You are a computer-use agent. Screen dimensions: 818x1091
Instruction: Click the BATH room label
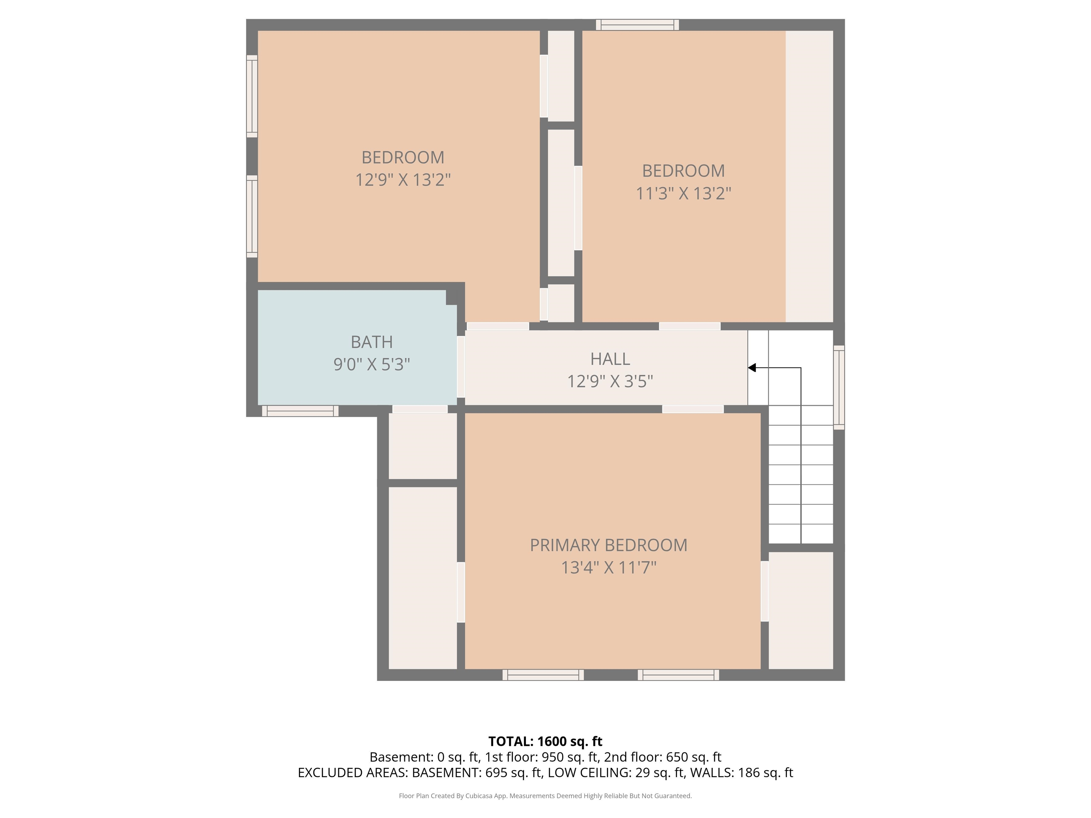[x=371, y=342]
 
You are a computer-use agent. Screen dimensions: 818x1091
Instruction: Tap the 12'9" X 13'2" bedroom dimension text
[x=403, y=180]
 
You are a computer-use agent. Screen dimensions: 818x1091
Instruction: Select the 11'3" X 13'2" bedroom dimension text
[x=683, y=193]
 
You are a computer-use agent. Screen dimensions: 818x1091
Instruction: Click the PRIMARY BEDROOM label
[x=608, y=545]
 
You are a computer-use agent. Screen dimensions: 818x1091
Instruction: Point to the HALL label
[x=610, y=359]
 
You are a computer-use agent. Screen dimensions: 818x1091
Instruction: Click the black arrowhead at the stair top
[x=752, y=368]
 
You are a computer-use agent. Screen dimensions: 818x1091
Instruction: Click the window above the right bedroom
[x=637, y=24]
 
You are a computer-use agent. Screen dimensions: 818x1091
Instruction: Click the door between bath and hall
[x=461, y=366]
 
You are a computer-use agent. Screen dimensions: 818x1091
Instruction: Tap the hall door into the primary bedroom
[x=693, y=409]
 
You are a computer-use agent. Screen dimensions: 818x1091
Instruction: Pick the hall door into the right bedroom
[x=690, y=326]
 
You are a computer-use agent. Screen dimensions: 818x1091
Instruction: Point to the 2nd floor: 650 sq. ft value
[x=662, y=757]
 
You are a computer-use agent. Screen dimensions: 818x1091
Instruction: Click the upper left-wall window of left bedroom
[x=252, y=96]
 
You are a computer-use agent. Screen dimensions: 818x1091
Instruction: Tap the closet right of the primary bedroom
[x=800, y=610]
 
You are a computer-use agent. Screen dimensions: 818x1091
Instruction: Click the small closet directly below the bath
[x=423, y=446]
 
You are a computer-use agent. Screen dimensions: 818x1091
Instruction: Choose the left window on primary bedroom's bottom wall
[x=543, y=675]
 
